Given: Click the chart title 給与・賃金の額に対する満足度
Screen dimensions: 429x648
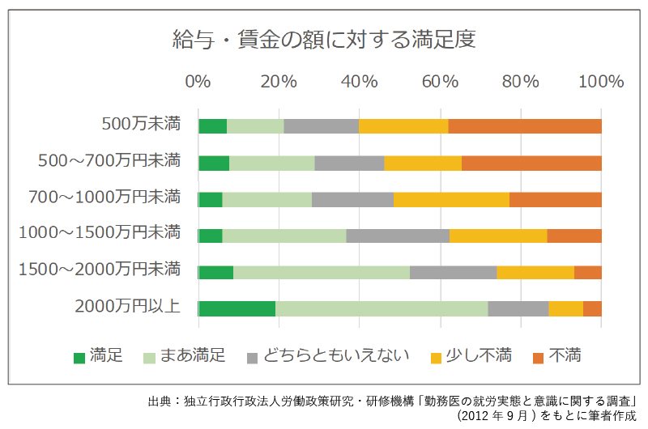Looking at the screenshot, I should point(323,38).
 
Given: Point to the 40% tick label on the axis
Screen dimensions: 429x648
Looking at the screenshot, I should point(359,82).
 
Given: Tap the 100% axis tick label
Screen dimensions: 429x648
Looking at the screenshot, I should point(600,82).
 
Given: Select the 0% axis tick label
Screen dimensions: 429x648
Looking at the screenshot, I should point(198,82).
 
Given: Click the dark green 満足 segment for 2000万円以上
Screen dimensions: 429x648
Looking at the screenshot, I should point(237,308).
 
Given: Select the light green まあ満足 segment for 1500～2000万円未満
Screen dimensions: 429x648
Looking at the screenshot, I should point(322,272).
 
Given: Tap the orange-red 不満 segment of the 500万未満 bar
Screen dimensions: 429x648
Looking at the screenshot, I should point(525,126).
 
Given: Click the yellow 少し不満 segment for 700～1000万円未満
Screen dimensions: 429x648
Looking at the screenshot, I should point(451,199).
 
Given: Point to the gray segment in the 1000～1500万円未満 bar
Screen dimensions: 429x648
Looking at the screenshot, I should point(398,236).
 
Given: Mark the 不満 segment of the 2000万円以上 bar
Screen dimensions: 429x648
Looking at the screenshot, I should point(592,308).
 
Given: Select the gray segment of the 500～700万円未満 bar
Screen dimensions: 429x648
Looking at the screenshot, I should point(349,163).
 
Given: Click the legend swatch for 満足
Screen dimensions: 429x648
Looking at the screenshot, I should point(79,357).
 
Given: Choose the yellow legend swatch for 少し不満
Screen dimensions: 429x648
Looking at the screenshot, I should point(437,357).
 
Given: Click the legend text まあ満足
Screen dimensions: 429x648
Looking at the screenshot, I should point(192,356).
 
